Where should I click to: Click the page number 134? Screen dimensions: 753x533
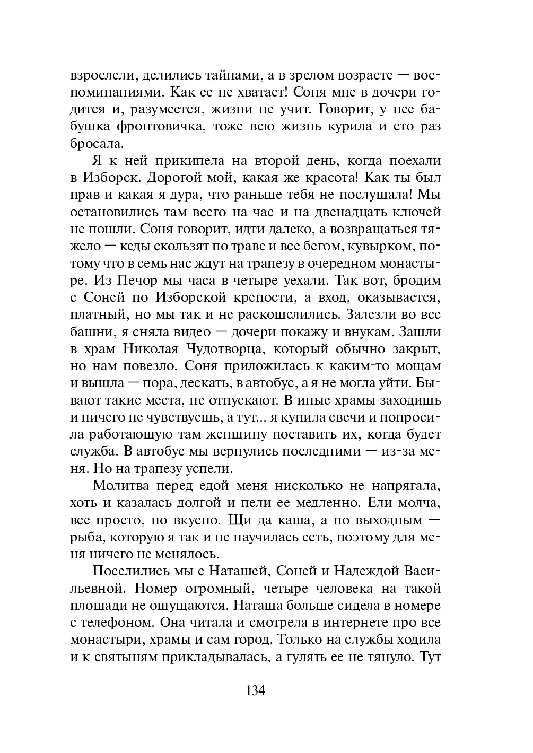[255, 691]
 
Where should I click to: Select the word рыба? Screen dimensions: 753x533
[88, 538]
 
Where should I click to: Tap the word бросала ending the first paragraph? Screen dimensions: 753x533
[96, 143]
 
